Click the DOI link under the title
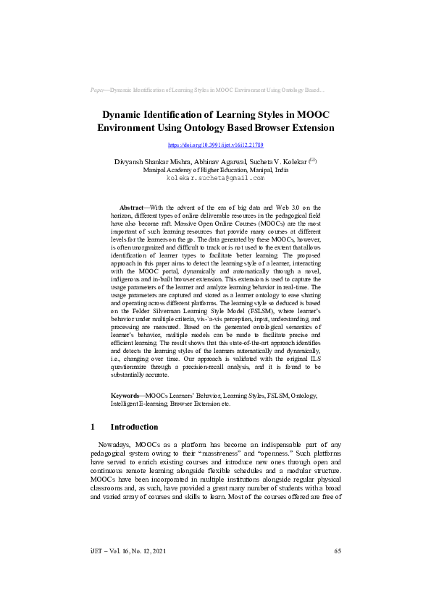[215, 145]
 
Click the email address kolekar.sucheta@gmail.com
[215, 177]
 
